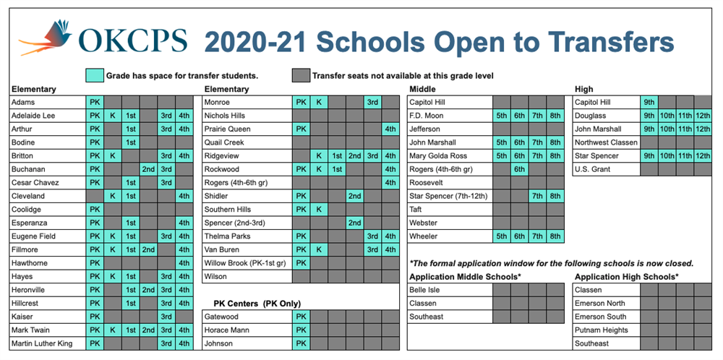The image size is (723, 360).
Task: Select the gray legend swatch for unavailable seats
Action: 301,75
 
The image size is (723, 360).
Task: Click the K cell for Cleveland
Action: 113,196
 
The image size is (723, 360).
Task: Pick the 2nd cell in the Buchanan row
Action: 148,169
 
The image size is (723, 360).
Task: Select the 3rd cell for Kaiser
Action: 166,317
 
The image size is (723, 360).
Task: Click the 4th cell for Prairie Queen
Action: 390,129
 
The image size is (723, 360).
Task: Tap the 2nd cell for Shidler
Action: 354,196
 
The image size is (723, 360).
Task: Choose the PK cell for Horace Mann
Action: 301,330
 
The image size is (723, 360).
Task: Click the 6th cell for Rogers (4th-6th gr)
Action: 519,169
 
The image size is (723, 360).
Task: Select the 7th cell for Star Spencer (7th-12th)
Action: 537,196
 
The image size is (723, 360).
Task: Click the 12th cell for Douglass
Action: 703,116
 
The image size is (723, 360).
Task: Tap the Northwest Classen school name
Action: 606,142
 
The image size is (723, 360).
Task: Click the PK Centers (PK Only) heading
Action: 257,304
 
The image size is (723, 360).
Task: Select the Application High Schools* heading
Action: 626,277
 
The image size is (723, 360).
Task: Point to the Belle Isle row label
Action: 425,290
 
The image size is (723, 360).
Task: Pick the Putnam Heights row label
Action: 602,330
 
